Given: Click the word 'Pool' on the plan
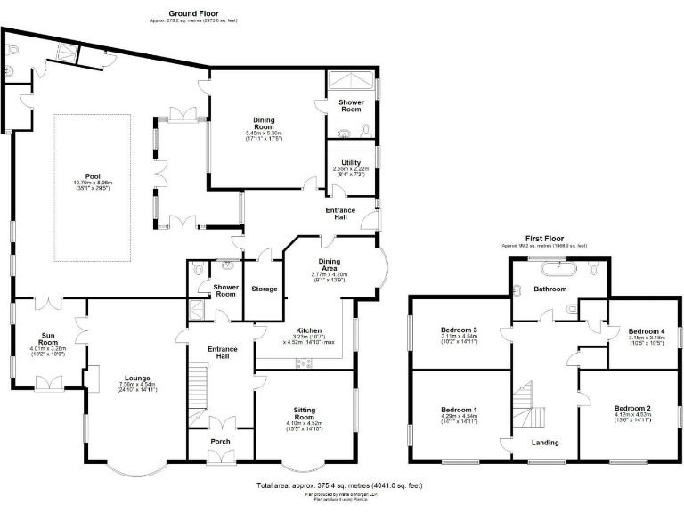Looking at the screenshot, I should pos(93,176).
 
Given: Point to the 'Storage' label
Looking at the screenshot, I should pos(265,289).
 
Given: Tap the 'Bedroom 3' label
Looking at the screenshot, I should pos(460,330).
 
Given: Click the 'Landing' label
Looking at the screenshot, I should pos(545,442).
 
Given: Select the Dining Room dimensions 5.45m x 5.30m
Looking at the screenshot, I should pos(264,134).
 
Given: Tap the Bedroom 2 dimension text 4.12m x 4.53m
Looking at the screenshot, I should pos(632,415).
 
